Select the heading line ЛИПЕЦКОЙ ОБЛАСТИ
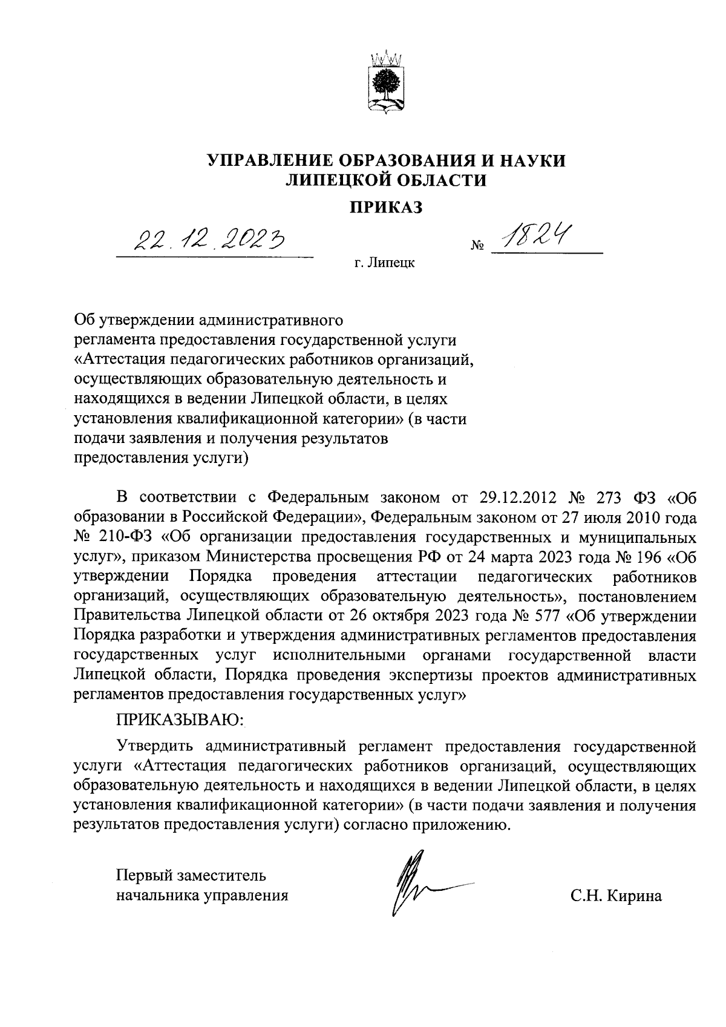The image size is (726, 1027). click(x=386, y=180)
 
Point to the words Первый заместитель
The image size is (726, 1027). click(x=191, y=875)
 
